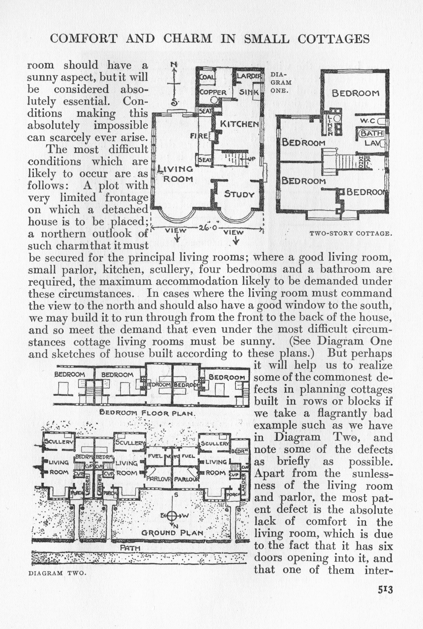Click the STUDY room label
239,194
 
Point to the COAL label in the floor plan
207,77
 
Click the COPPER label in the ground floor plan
213,92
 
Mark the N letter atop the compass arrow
174,64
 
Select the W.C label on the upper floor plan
367,121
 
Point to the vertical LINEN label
329,125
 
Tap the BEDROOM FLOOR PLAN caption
147,412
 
